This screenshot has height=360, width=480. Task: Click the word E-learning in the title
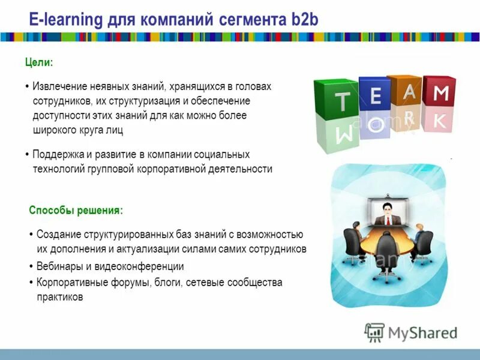pyautogui.click(x=66, y=20)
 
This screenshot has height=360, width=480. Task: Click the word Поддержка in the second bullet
pyautogui.click(x=59, y=154)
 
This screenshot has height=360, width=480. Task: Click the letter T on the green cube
pyautogui.click(x=343, y=102)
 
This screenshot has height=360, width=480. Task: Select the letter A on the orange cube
pyautogui.click(x=409, y=91)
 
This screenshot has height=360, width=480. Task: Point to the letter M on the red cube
pyautogui.click(x=441, y=93)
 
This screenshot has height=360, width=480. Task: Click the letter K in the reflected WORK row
pyautogui.click(x=440, y=121)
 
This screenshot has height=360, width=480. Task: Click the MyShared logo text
pyautogui.click(x=422, y=332)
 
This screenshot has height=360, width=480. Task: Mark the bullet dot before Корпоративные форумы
pyautogui.click(x=31, y=282)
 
